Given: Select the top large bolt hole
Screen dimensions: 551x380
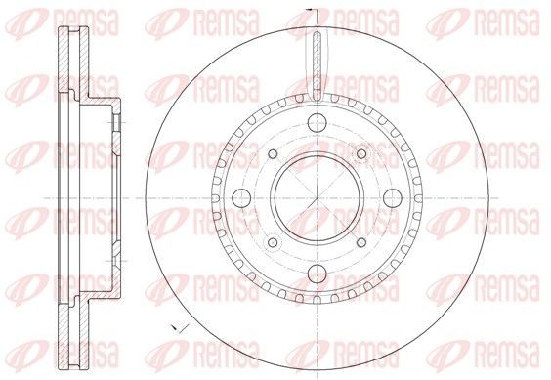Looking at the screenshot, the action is click(x=317, y=123).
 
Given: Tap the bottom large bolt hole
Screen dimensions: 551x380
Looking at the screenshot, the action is click(x=317, y=274).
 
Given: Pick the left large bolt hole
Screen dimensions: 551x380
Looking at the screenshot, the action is click(x=241, y=198).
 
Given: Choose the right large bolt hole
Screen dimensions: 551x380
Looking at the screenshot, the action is click(x=393, y=198).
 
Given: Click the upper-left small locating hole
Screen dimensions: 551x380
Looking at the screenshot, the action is click(x=273, y=154).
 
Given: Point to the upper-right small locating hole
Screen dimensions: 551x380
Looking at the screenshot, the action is click(x=361, y=154).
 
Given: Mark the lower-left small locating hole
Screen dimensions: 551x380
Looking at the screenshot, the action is click(x=273, y=242).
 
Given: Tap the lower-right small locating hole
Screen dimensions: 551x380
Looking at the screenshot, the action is click(x=361, y=242).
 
